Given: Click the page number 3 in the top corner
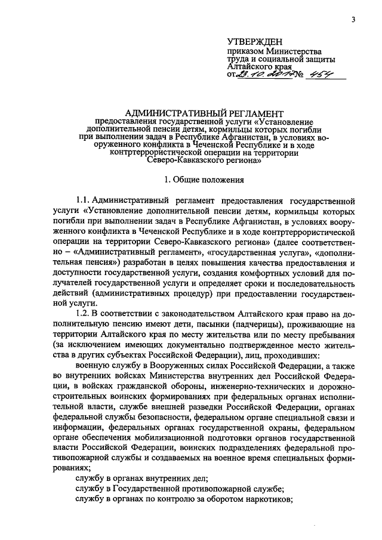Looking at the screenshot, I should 353,19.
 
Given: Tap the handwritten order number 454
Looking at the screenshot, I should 316,74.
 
